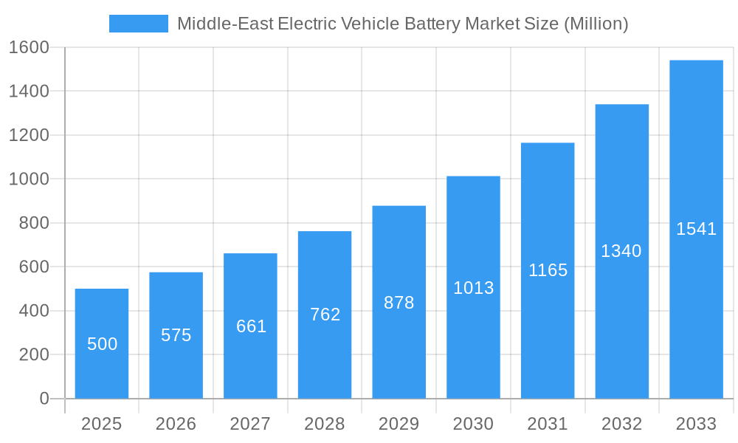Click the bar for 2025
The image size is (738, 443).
[102, 343]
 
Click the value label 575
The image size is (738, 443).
[176, 335]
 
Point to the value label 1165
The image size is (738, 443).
[548, 270]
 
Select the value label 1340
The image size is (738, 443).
[621, 251]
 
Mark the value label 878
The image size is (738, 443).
[399, 303]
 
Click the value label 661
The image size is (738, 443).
[251, 326]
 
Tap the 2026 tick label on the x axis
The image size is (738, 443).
[176, 424]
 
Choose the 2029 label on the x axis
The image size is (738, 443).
[399, 424]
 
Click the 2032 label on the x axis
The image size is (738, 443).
[621, 424]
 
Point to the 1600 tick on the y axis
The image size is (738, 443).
[29, 47]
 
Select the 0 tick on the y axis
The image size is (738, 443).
[44, 399]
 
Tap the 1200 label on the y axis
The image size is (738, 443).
[29, 135]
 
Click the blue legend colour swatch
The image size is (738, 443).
[139, 24]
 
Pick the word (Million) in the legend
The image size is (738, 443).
[596, 24]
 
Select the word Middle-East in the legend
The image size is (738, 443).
[224, 24]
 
